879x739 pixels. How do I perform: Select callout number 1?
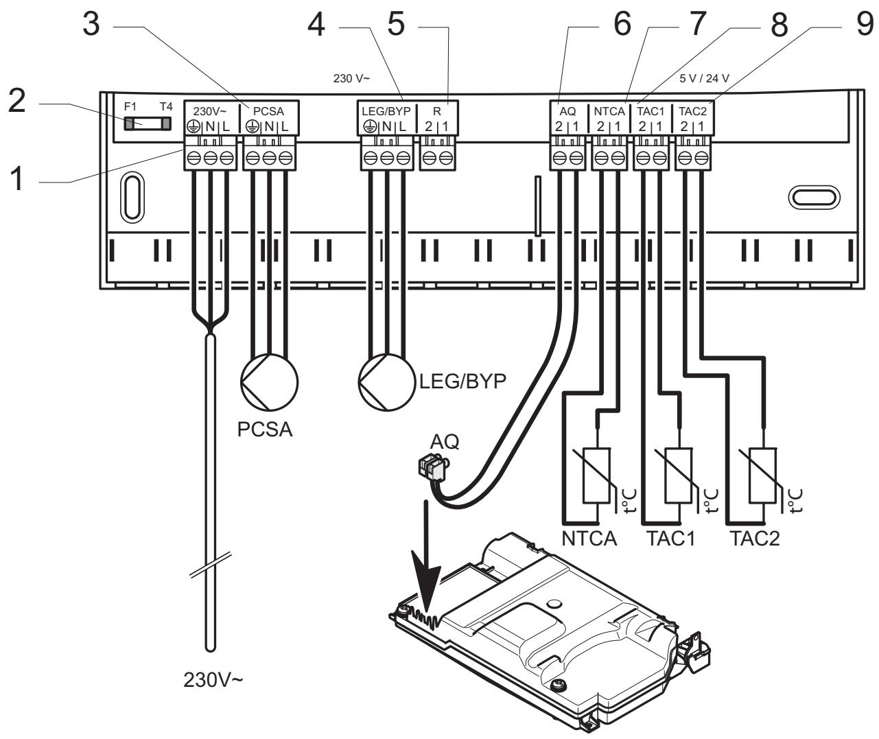tap(16, 178)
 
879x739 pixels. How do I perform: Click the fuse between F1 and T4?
tap(148, 124)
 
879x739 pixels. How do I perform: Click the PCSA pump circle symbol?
tap(270, 382)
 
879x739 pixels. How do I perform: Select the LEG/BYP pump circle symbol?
tap(386, 382)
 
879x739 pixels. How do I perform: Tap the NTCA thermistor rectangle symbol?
tap(596, 476)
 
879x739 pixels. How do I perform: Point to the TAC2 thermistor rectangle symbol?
tap(762, 476)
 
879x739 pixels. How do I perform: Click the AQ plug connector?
tap(433, 467)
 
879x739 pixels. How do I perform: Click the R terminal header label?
tap(437, 112)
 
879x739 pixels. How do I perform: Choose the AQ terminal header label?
tap(567, 112)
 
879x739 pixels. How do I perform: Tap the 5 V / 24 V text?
tap(704, 78)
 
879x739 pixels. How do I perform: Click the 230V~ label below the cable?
tap(213, 679)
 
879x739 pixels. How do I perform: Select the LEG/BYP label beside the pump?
tap(462, 381)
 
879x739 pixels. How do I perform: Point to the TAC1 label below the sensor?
tap(670, 539)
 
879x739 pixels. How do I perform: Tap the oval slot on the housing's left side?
tap(132, 197)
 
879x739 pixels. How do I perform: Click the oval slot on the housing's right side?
tap(814, 197)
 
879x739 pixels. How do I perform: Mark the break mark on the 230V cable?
tap(211, 565)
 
